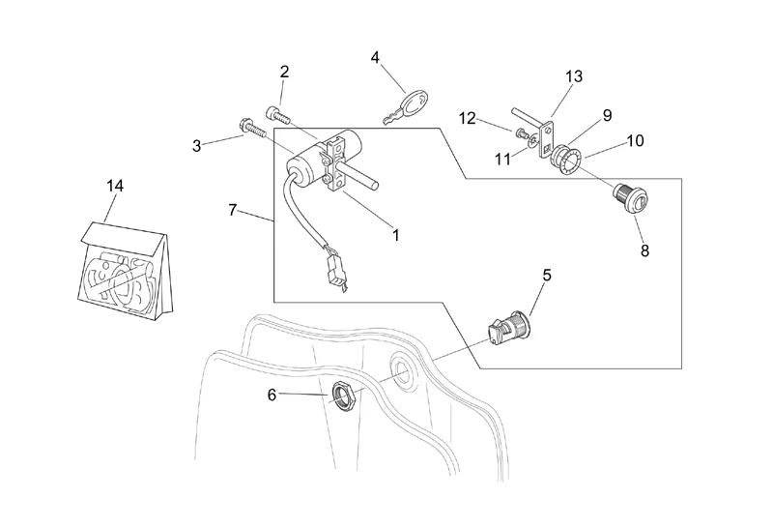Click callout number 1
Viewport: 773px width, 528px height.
click(395, 234)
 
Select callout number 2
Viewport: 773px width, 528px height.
click(284, 72)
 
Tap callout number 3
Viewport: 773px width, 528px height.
click(197, 146)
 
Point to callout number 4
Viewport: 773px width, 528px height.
click(375, 57)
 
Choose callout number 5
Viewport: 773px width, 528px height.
click(546, 276)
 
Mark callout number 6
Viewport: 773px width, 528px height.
click(272, 394)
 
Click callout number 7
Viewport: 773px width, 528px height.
click(232, 210)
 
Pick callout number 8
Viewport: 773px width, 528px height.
click(644, 250)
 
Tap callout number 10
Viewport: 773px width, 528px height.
click(635, 140)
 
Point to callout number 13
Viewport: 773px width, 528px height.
click(574, 76)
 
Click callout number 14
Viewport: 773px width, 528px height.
click(115, 186)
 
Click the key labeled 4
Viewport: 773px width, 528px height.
click(410, 105)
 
